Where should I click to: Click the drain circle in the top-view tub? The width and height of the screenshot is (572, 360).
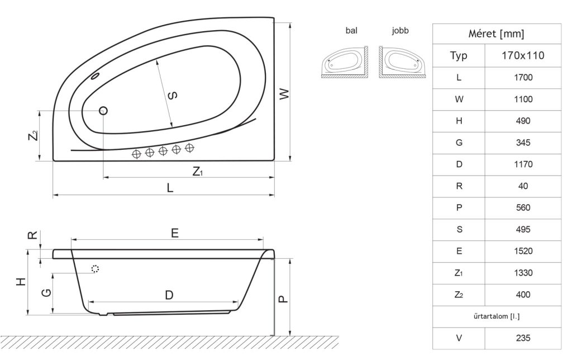click(x=103, y=110)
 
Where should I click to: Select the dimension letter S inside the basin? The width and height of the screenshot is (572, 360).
click(x=173, y=96)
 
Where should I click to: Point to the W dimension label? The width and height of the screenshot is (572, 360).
click(x=284, y=94)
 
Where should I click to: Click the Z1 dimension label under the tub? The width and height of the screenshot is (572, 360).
click(x=197, y=171)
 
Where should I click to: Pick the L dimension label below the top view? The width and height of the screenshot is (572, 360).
click(x=170, y=188)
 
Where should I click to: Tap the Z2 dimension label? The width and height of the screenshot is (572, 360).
click(x=33, y=135)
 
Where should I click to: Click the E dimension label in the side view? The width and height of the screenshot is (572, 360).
click(x=175, y=233)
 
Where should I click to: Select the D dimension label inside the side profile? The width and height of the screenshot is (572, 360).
click(x=169, y=295)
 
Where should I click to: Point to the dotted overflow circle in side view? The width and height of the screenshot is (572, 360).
click(x=95, y=269)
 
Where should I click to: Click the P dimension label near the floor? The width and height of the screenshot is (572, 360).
click(x=283, y=299)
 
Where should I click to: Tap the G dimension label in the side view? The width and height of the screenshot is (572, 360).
click(x=46, y=293)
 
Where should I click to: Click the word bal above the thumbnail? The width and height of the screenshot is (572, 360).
click(x=351, y=31)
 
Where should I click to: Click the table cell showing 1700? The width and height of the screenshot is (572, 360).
click(x=523, y=77)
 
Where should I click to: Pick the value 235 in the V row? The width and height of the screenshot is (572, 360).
click(x=523, y=338)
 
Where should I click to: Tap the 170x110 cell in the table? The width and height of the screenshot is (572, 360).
click(x=523, y=55)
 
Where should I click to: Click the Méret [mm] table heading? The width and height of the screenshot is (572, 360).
click(x=496, y=34)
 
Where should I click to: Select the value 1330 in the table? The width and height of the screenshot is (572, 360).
click(x=523, y=273)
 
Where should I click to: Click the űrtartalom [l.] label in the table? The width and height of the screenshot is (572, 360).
click(x=497, y=316)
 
